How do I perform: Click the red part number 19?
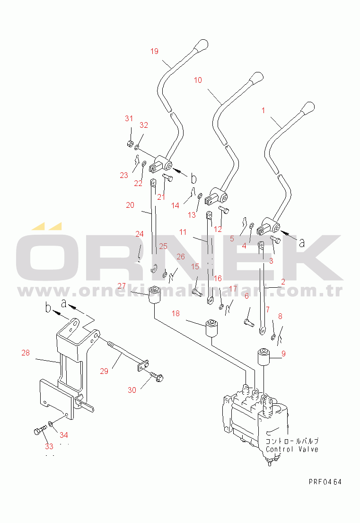click(x=154, y=52)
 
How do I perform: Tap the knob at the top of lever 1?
click(x=307, y=108)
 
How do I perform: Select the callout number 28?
click(x=26, y=353)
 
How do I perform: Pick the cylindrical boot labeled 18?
click(x=211, y=328)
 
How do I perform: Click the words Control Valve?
click(x=292, y=449)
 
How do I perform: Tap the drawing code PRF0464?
click(x=325, y=482)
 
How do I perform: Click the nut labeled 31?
click(x=130, y=144)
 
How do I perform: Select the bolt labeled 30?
click(x=157, y=376)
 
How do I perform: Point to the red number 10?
click(x=198, y=80)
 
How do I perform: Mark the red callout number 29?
click(x=105, y=371)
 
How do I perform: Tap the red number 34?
click(x=64, y=435)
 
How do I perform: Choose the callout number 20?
click(x=130, y=205)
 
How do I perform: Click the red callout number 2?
click(x=283, y=282)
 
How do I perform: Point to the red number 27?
click(x=122, y=286)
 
